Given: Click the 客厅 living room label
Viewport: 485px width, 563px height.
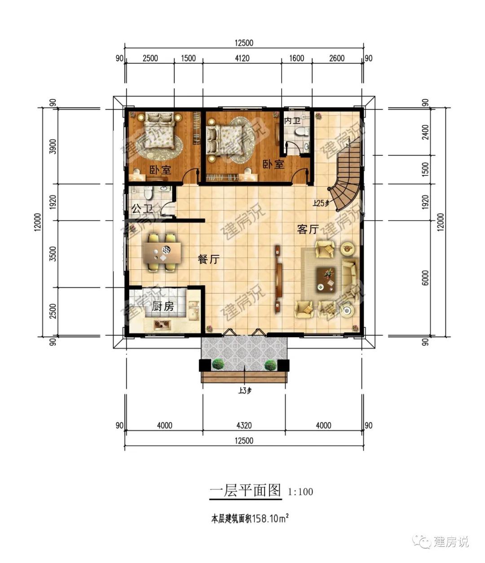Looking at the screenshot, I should tap(308, 230).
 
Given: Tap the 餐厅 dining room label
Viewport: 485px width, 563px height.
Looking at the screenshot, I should tap(208, 260).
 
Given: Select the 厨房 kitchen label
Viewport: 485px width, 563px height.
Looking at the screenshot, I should tap(163, 307).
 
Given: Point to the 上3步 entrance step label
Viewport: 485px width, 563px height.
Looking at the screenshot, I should tap(244, 391).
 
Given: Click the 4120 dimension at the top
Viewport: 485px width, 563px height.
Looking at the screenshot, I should tap(242, 58).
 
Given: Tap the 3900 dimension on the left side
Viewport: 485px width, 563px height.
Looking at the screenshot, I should tap(53, 146).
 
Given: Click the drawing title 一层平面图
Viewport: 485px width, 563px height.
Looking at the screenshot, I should tap(245, 490).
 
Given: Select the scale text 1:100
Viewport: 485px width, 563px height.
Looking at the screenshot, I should tap(300, 492).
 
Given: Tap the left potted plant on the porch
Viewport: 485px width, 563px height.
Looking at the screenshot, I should tap(218, 364).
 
